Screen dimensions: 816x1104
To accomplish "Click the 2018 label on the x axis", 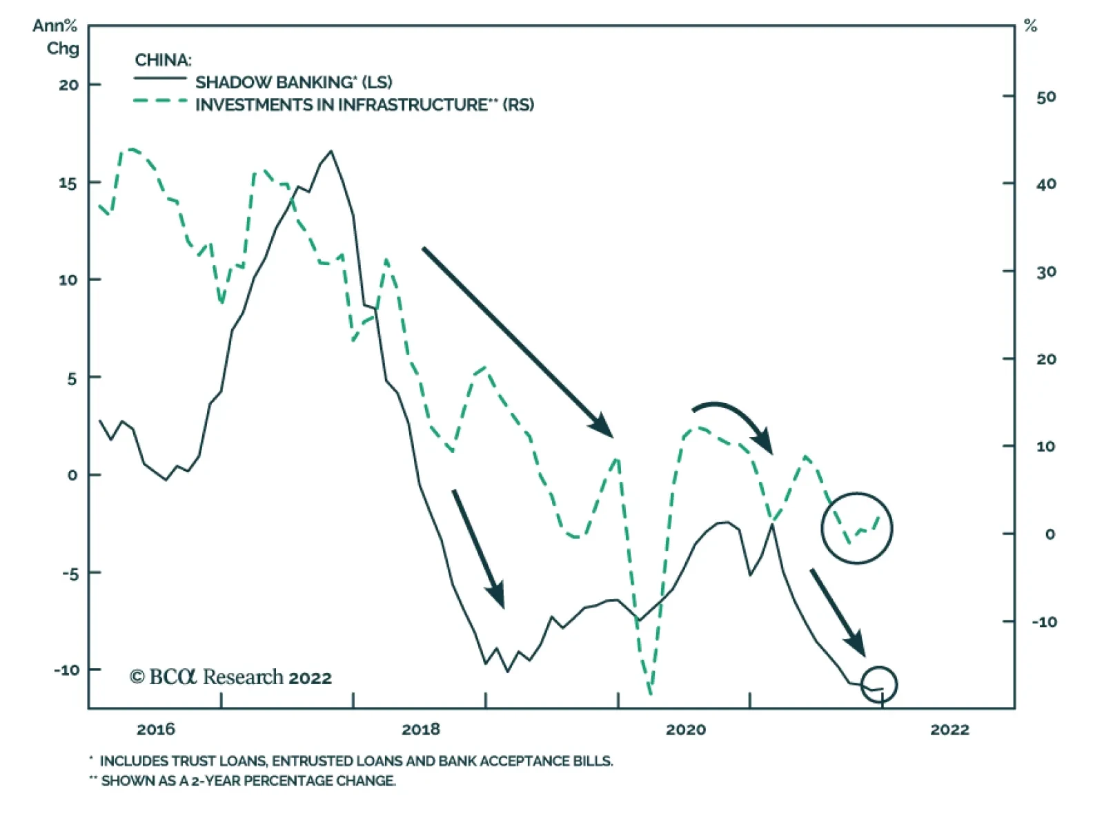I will (x=420, y=730).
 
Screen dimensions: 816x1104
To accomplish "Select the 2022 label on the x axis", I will (x=949, y=730).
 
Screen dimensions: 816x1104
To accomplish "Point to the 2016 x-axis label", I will (x=156, y=730).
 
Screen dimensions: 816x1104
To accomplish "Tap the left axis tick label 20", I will (x=69, y=86).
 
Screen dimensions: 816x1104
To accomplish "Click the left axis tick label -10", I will (x=67, y=670).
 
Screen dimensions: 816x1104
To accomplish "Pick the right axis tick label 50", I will (x=1046, y=97).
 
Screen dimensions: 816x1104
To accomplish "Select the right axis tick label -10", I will (x=1044, y=622).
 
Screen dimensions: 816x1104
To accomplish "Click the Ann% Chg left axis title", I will (x=56, y=37).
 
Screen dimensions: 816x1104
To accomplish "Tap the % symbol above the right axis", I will (x=1030, y=26).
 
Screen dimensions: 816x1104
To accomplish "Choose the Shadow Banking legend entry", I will (x=293, y=82).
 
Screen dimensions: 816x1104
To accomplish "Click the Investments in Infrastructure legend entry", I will (x=364, y=105).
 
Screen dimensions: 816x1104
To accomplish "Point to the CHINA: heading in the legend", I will (x=163, y=60).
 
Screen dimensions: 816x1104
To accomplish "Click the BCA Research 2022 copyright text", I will (x=230, y=677).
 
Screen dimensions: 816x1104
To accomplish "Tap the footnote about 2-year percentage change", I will (x=248, y=781).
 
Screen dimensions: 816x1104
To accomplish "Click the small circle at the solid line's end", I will (x=879, y=684).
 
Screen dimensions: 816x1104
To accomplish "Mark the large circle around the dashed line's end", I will (x=856, y=528).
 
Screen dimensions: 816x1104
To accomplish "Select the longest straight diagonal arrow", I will (x=517, y=342).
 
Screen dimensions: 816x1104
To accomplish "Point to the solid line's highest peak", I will (x=331, y=151).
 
